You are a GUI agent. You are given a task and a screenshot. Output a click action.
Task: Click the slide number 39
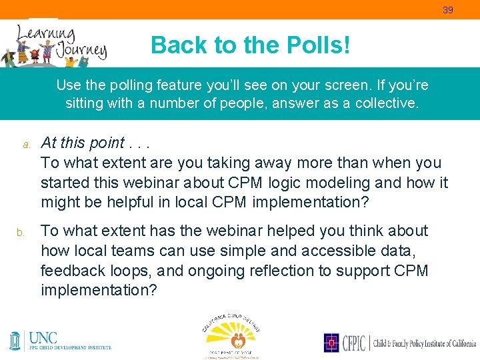coord(448,9)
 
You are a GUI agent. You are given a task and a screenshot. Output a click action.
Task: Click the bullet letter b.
coord(21,232)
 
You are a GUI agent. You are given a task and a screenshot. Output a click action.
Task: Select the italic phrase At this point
coord(83,143)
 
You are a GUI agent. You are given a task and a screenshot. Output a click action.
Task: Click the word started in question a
coord(65,183)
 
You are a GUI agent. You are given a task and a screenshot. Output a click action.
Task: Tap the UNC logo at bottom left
coord(60,340)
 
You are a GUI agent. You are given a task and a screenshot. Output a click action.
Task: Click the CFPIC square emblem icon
coord(331,343)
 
